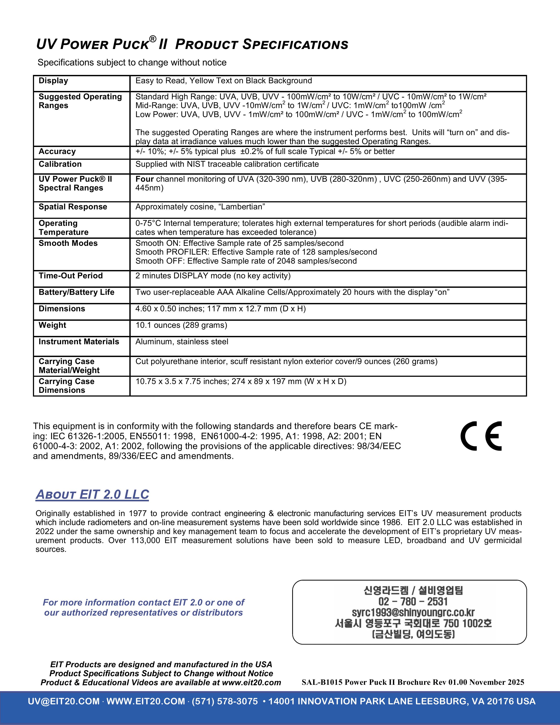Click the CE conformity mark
coord(481,436)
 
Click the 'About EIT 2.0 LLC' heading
coord(92,494)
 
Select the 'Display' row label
coord(53,81)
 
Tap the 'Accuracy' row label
coord(57,151)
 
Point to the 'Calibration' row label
coord(60,164)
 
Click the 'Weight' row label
coord(52,325)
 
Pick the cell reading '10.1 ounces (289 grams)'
coord(181,325)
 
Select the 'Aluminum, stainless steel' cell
coord(182,342)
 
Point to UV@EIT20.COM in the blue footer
coord(64,701)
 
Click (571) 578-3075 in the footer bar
coord(225,701)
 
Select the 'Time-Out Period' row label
coord(71,275)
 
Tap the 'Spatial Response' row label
coord(73,207)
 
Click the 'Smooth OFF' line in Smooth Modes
coord(246,261)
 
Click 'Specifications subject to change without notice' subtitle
coord(132,62)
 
